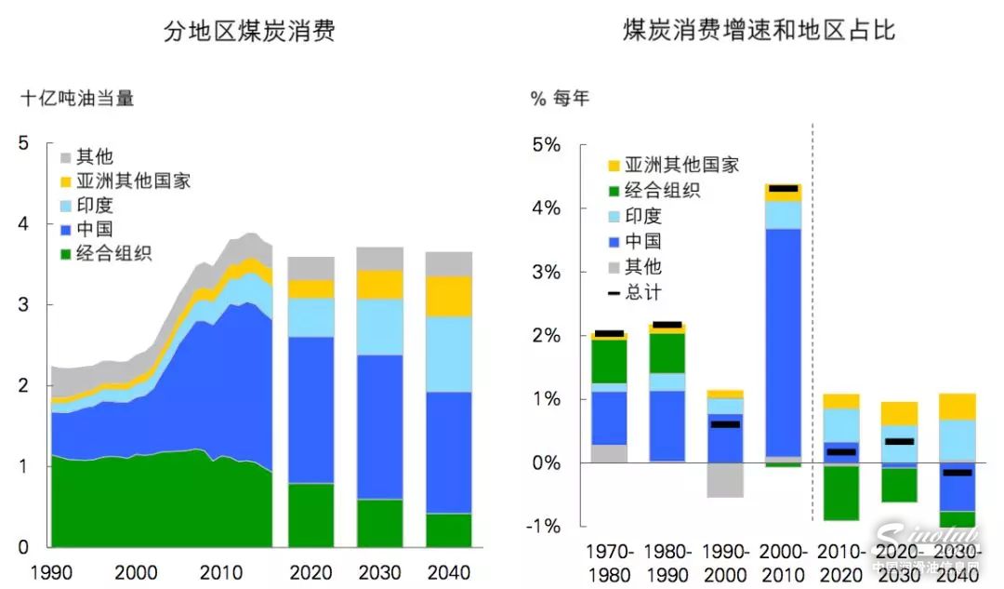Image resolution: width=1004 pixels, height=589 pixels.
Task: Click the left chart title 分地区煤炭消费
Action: pos(249,33)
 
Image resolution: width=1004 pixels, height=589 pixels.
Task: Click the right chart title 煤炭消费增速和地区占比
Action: pos(759,31)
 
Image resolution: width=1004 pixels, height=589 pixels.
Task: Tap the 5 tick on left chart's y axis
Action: pos(24,142)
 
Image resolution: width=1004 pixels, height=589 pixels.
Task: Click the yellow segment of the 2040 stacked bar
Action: pos(448,296)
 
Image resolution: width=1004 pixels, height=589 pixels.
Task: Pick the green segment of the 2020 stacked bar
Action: pos(310,515)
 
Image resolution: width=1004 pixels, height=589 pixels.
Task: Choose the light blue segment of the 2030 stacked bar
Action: pos(379,327)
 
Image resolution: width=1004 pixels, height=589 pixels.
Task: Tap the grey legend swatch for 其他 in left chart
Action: pos(66,157)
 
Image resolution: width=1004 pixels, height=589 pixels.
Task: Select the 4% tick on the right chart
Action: pos(545,208)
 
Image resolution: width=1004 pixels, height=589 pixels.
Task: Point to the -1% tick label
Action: pos(543,526)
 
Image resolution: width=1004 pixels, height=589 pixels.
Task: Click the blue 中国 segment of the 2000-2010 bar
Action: pos(783,344)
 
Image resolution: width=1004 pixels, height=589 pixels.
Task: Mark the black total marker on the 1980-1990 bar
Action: pos(667,325)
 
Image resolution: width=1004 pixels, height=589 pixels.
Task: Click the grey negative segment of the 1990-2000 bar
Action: pos(725,479)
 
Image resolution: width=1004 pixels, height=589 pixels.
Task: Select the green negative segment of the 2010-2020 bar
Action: pos(840,493)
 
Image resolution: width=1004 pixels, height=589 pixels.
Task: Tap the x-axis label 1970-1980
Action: pos(609,562)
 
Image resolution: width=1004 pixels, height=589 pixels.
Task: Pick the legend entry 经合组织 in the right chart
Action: pos(662,191)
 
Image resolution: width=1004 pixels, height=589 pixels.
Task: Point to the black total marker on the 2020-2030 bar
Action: pos(898,441)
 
